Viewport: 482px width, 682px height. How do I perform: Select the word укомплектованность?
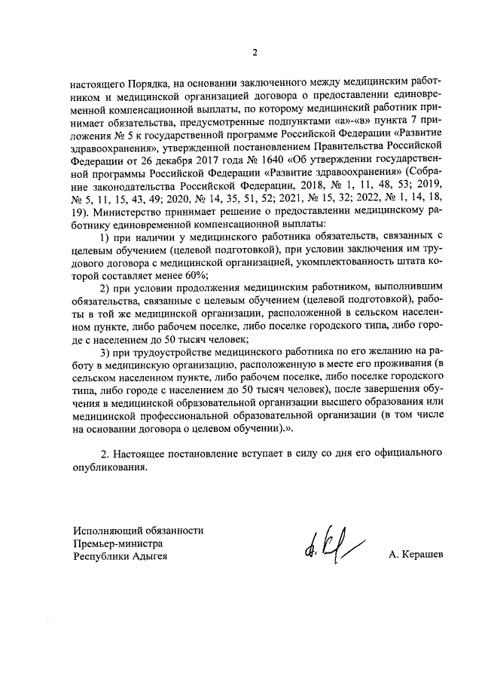[x=360, y=261]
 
